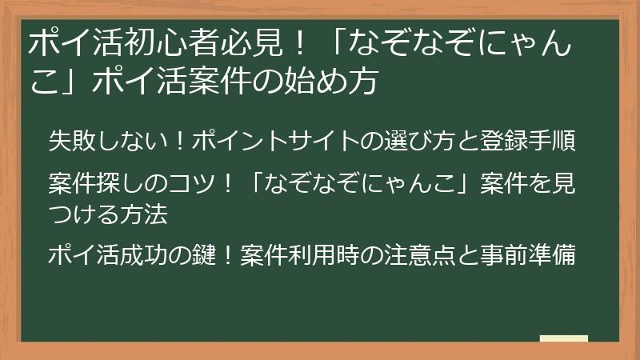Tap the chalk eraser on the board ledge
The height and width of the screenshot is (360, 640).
coord(563,338)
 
